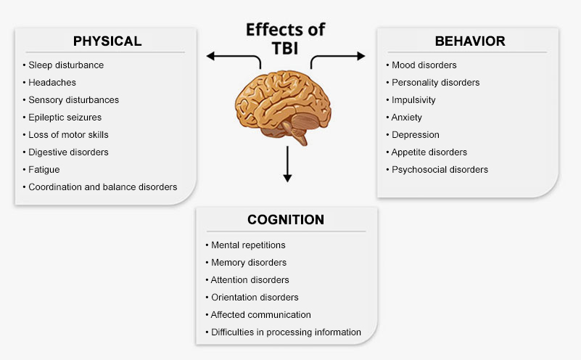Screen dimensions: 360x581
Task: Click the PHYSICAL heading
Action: point(107,41)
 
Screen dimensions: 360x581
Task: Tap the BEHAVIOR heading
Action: point(469,41)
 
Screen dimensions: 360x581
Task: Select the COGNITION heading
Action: point(285,220)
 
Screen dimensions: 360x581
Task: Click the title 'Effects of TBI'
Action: point(285,38)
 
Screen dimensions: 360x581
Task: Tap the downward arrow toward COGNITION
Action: point(287,164)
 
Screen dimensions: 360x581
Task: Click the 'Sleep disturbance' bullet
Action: point(66,65)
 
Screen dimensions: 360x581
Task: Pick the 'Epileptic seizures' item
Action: point(65,117)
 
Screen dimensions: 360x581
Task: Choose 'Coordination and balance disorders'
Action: point(102,187)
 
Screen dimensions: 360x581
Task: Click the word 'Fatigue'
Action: point(44,169)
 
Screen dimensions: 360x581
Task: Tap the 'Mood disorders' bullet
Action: point(424,65)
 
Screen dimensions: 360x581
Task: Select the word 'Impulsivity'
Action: point(413,100)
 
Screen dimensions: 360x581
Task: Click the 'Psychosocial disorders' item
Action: point(440,170)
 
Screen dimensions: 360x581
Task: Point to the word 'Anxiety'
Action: point(406,118)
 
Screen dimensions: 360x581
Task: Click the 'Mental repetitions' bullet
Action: point(247,245)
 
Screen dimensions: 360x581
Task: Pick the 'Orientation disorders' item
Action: point(254,298)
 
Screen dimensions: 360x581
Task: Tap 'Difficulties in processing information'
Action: point(286,332)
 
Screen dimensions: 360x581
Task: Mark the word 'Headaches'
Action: point(52,82)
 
